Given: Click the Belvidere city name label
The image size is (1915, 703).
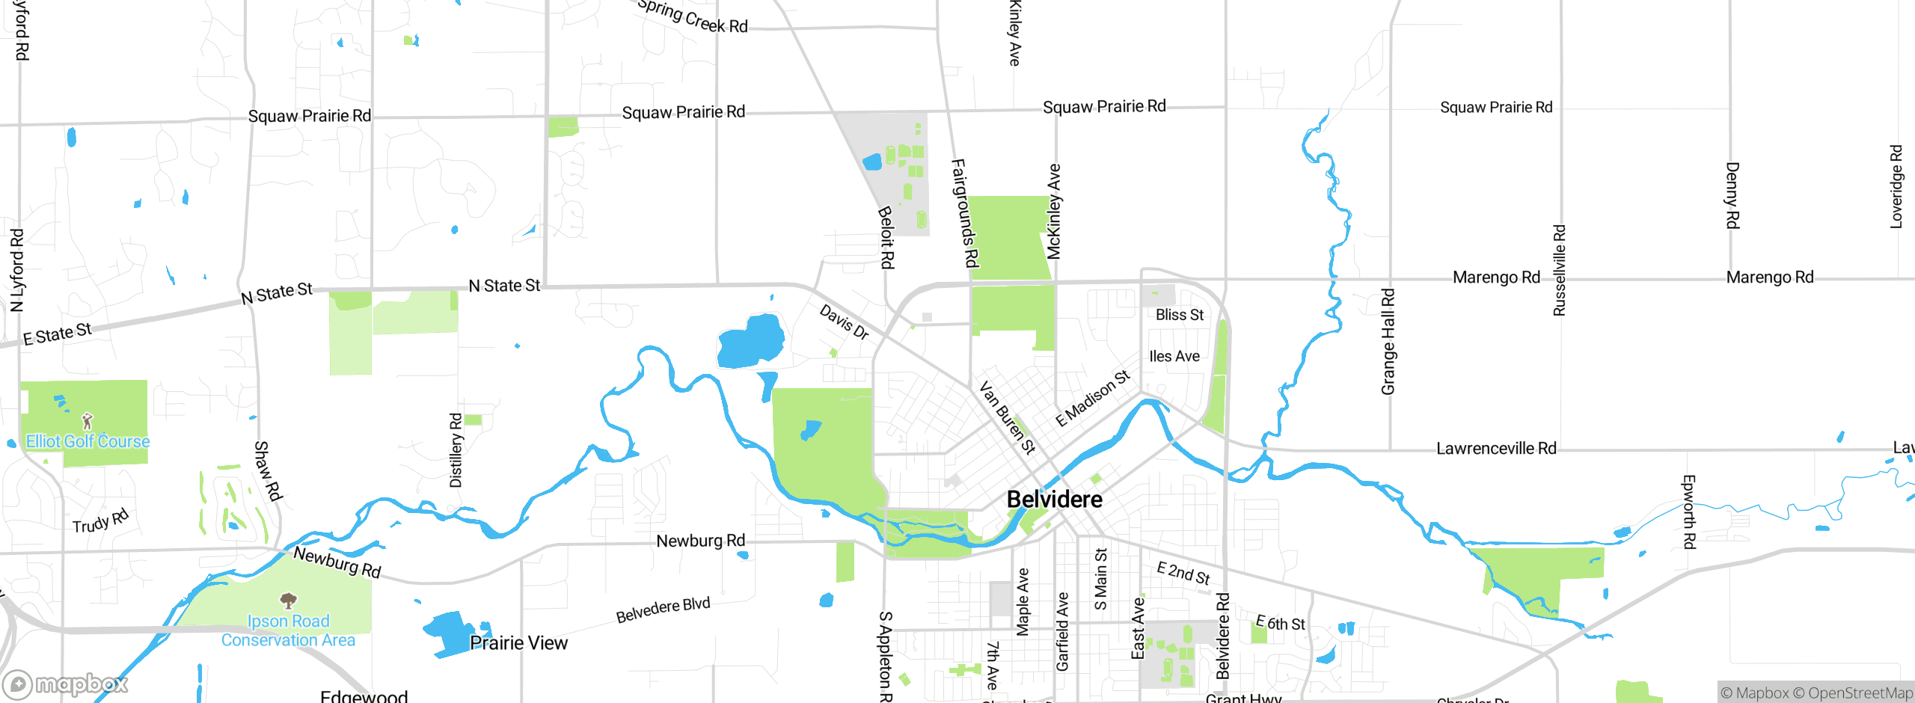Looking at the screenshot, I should point(1054,500).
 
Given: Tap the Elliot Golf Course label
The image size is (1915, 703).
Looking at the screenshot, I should point(88,441).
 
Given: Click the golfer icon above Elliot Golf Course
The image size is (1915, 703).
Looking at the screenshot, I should point(88,421).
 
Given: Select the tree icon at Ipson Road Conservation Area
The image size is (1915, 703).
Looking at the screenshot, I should point(288,601).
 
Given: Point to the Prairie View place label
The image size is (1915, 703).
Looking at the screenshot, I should point(518,643).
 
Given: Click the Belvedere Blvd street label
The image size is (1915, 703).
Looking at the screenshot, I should point(663,610).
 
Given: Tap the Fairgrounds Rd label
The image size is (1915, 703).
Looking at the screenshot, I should point(964,213).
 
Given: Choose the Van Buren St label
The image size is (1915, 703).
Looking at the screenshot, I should point(1007,418).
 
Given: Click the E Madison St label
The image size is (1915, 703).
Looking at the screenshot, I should point(1092,398).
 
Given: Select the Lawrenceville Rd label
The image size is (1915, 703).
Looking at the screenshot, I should point(1496,449).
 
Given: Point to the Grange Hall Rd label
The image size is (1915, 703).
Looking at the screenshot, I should point(1388,342).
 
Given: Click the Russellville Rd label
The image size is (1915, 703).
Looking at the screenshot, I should point(1560,271).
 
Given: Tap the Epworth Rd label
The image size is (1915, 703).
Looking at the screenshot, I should point(1689,512).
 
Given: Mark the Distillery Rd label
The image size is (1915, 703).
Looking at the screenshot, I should point(456,450).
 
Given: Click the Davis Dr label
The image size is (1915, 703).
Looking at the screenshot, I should point(844,322).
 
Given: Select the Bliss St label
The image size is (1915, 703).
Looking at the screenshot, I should point(1180,315).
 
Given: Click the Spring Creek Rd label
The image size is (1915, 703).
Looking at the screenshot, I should point(693,16).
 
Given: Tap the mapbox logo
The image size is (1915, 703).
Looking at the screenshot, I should point(66,684).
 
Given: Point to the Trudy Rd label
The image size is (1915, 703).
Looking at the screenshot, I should point(100,521).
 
